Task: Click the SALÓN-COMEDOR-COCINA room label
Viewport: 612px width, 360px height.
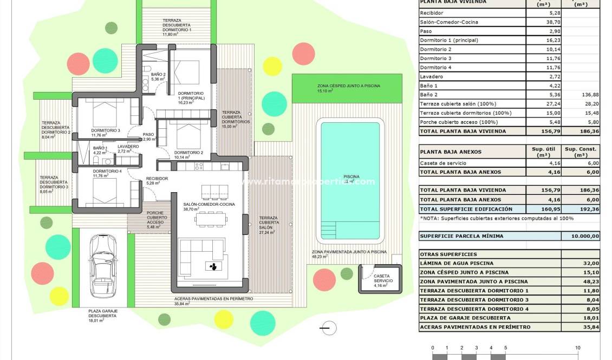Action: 197,204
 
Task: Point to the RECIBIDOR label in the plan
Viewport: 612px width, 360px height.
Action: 157,178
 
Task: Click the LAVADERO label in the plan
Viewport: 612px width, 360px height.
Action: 128,147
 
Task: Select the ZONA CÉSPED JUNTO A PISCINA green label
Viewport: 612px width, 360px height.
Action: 348,86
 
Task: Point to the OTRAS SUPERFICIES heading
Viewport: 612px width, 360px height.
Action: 448,254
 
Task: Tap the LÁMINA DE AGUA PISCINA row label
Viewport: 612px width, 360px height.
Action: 456,263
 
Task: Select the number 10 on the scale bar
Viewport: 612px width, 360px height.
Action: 577,348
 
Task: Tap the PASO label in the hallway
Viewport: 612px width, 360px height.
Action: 148,135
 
